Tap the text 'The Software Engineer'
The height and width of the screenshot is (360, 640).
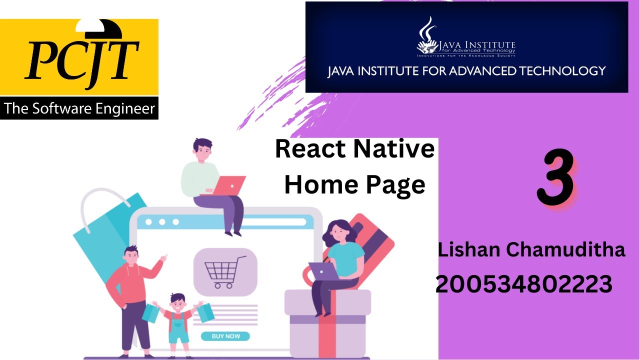[x=79, y=108]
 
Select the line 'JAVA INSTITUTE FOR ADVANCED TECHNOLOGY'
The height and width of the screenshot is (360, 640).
[x=466, y=71]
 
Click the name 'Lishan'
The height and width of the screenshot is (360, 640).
[x=469, y=249]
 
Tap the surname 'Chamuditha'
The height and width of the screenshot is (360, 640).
[x=566, y=249]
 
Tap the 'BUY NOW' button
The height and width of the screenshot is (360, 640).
[x=225, y=336]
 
